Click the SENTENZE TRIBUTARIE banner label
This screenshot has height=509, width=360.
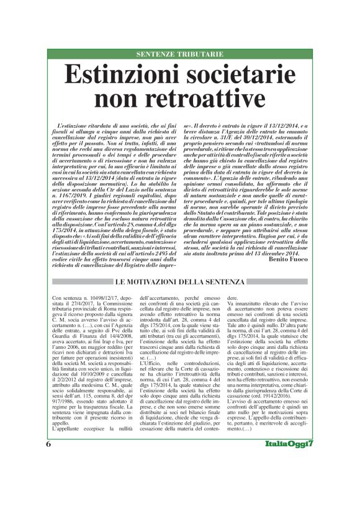(x=180, y=55)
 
